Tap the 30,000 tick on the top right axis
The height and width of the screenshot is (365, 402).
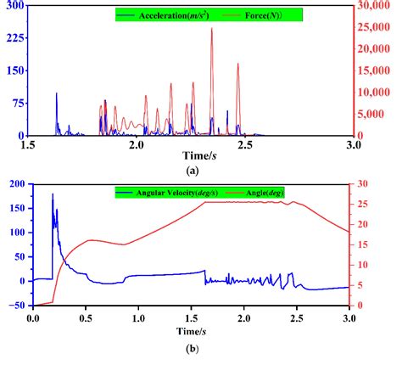point(376,7)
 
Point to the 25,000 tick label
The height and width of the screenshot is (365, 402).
point(376,28)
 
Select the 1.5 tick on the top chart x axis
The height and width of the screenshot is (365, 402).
point(31,145)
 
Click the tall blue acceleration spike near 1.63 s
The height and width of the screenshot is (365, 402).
point(57,93)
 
